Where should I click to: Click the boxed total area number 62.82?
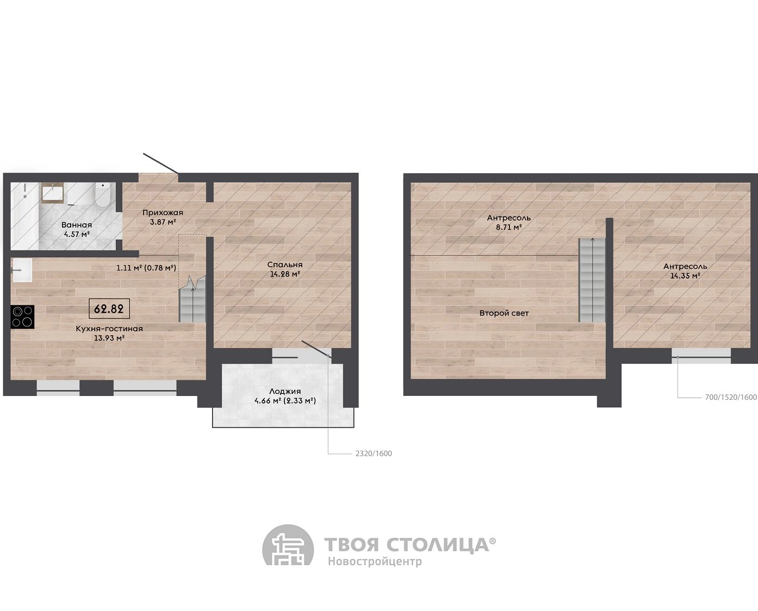click(x=109, y=308)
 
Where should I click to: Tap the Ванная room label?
click(x=77, y=225)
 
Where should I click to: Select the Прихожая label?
click(x=163, y=212)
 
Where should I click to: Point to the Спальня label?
click(x=285, y=264)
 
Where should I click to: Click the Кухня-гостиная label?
click(x=109, y=329)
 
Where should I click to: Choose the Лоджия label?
click(x=285, y=392)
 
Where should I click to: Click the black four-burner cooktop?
click(x=22, y=317)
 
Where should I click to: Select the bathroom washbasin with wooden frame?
click(x=53, y=193)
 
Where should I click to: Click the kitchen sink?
click(x=22, y=270)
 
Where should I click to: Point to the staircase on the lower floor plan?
click(x=192, y=299)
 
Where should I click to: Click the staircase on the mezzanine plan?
click(x=592, y=280)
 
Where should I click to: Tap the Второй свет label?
click(x=504, y=313)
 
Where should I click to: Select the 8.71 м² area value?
click(x=509, y=227)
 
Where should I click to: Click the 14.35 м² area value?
click(x=685, y=275)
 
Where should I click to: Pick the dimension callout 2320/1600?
click(x=374, y=453)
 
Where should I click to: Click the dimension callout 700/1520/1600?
click(x=731, y=398)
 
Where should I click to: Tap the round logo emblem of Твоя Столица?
click(x=288, y=545)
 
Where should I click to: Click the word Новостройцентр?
click(x=375, y=562)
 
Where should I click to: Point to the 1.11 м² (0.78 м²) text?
click(x=146, y=268)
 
